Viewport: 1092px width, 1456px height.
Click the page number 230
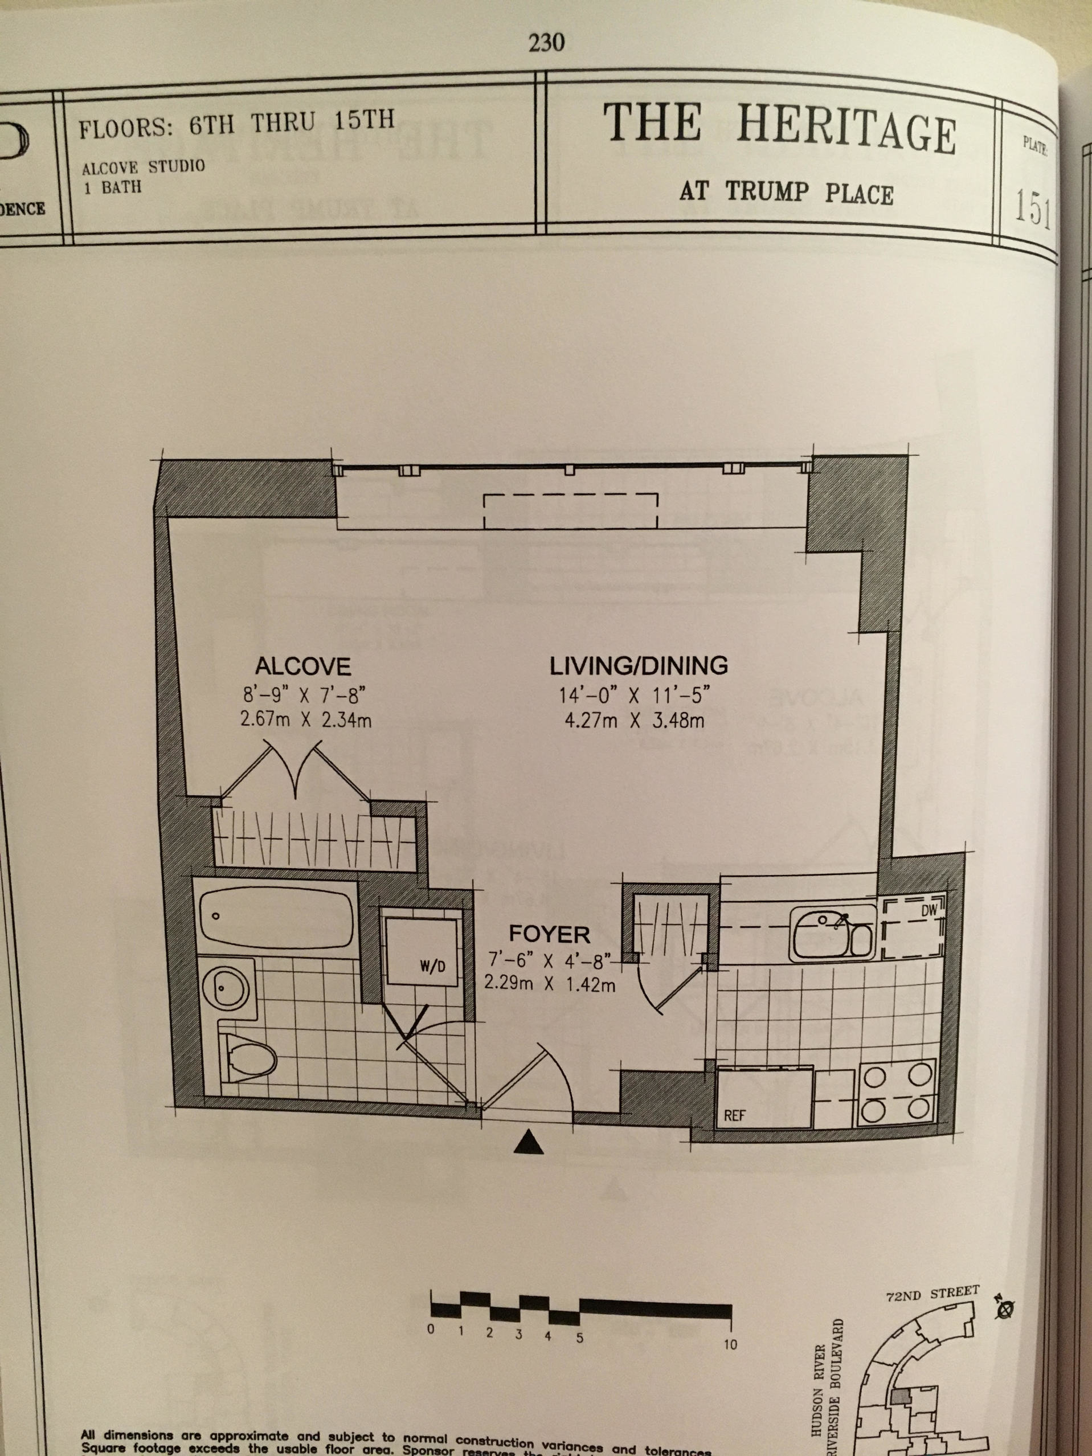tap(546, 43)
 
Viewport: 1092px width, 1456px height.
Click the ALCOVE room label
tap(303, 667)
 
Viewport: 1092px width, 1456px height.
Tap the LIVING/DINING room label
tap(639, 665)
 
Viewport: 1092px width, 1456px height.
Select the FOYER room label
tap(550, 934)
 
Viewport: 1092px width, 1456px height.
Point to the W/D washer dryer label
tap(432, 967)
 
